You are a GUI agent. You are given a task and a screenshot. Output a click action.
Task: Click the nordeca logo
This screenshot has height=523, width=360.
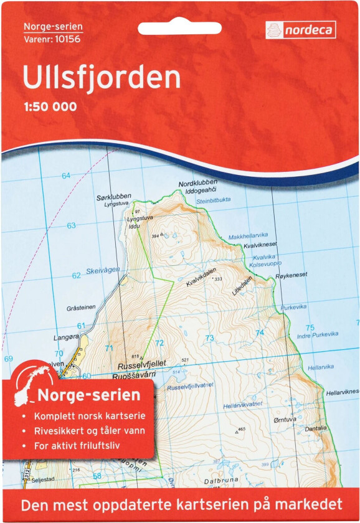(x=301, y=29)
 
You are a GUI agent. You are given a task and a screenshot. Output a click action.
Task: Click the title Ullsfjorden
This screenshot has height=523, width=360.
(x=102, y=77)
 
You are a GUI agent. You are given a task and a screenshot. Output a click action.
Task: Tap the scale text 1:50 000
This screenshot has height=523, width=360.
(x=50, y=106)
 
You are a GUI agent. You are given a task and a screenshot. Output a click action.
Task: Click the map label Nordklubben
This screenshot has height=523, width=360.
(x=197, y=183)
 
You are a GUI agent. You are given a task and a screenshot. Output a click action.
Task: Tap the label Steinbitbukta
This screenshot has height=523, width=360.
(x=214, y=200)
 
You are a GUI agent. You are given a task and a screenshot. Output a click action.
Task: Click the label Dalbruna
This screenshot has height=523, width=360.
(x=219, y=481)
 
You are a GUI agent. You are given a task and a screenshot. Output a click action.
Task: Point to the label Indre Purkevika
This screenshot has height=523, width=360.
(x=313, y=336)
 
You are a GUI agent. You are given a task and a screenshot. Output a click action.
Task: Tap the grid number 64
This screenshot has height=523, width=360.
(x=65, y=176)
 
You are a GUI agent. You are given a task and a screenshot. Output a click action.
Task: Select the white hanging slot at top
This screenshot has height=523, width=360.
(x=170, y=29)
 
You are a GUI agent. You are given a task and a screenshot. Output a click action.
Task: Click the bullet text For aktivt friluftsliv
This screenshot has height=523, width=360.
(x=78, y=445)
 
